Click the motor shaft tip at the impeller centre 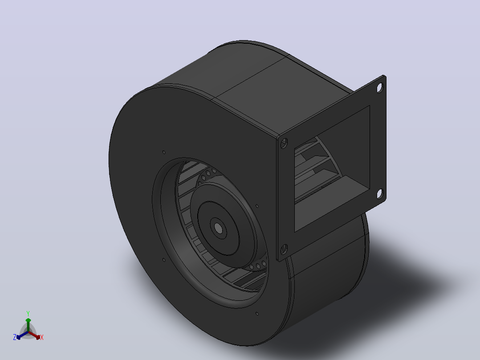(x=219, y=228)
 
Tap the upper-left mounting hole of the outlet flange (x=284, y=143)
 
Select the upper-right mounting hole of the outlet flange (x=380, y=88)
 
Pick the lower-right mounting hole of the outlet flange (x=379, y=194)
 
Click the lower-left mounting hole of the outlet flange (x=284, y=249)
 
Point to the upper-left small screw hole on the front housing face (x=164, y=152)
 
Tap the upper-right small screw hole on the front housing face (x=257, y=206)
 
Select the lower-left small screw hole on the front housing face (x=164, y=260)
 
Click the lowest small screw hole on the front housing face (x=257, y=314)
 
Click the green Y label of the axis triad (x=28, y=313)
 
